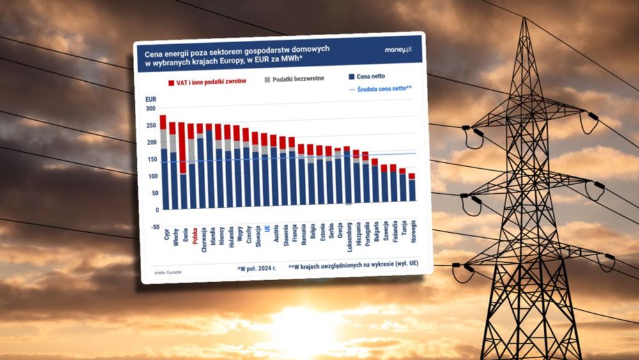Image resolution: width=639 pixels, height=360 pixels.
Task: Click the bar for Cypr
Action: pyautogui.click(x=164, y=163)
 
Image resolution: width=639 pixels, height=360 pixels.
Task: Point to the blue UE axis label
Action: pyautogui.click(x=266, y=228)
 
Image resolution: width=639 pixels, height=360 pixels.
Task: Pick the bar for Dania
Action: pyautogui.click(x=183, y=166)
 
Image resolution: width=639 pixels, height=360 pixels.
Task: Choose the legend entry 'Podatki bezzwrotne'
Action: pyautogui.click(x=294, y=79)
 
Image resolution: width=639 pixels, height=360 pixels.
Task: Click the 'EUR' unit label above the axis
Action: pyautogui.click(x=151, y=99)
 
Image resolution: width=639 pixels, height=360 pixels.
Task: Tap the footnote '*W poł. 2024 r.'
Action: pyautogui.click(x=256, y=269)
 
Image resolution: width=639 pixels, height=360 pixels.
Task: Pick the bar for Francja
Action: pyautogui.click(x=292, y=173)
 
